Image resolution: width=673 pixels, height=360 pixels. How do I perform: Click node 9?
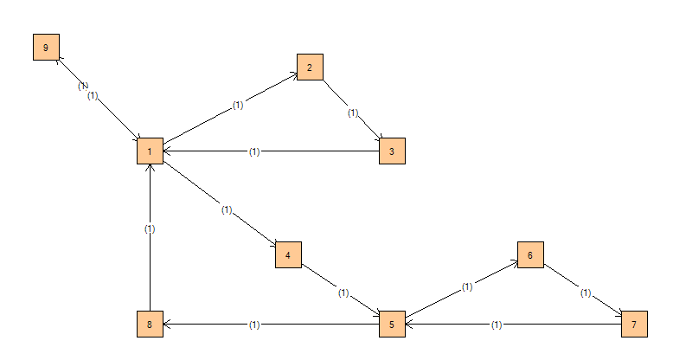(x=46, y=48)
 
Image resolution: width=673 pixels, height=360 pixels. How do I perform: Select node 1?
(x=150, y=151)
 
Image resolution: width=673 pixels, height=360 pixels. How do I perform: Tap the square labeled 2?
(x=310, y=66)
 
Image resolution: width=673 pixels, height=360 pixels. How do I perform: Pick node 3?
(x=392, y=151)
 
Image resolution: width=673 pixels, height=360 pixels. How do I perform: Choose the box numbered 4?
(x=288, y=255)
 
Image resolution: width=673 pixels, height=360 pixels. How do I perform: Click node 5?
(x=392, y=325)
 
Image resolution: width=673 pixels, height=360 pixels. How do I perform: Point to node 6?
(x=530, y=255)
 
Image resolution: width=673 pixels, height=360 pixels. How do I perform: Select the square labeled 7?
(x=634, y=325)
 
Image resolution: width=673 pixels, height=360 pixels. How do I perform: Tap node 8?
(x=150, y=325)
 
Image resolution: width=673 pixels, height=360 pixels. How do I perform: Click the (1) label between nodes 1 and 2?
(x=238, y=106)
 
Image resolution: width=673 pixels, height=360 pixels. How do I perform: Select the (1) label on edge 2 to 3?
(x=353, y=112)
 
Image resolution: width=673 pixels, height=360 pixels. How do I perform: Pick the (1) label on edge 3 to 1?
(x=254, y=151)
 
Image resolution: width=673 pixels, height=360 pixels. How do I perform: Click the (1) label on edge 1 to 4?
(x=227, y=209)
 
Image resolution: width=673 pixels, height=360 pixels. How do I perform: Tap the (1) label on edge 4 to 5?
(x=343, y=293)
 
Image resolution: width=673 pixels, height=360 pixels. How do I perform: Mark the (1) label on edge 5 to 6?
(x=467, y=286)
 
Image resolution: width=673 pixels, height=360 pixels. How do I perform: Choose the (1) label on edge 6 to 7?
(x=586, y=293)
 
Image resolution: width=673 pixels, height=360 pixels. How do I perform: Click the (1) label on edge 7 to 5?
(x=497, y=325)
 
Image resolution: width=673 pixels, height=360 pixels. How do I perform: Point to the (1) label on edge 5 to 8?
(x=254, y=325)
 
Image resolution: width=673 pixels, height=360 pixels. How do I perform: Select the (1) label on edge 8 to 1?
(x=150, y=229)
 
